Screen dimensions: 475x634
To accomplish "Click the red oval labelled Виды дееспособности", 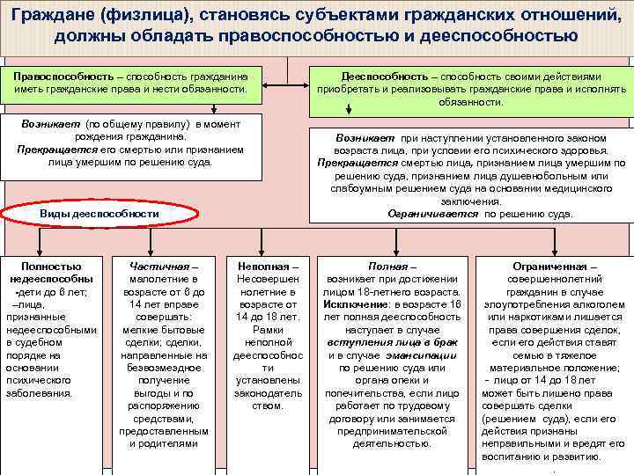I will point(99,214).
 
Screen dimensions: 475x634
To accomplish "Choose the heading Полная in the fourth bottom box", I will point(387,267).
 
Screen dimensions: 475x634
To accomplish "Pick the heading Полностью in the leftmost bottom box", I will point(53,267).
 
